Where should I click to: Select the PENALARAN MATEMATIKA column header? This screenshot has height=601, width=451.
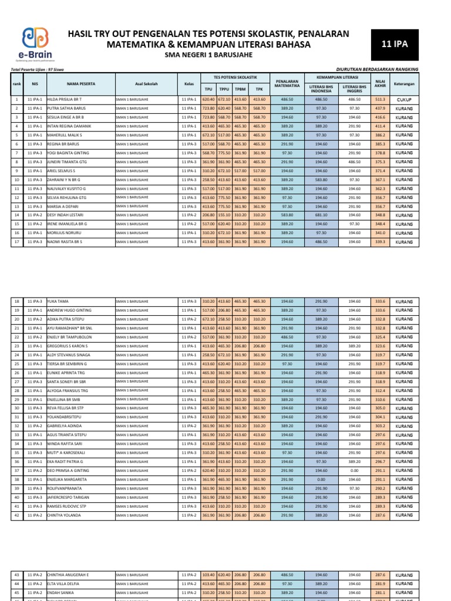click(x=287, y=83)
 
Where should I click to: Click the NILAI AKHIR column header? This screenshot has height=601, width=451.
click(x=380, y=83)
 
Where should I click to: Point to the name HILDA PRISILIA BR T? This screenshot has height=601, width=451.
click(x=68, y=100)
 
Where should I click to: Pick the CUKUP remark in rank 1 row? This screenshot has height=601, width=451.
click(x=404, y=100)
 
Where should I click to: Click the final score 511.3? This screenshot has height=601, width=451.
click(x=380, y=100)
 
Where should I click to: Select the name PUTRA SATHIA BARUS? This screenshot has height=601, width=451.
click(x=68, y=109)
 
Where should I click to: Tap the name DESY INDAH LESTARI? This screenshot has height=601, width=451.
click(x=67, y=215)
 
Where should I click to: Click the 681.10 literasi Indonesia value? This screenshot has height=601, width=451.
click(x=321, y=215)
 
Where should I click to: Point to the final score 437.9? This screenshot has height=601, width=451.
click(x=380, y=109)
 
